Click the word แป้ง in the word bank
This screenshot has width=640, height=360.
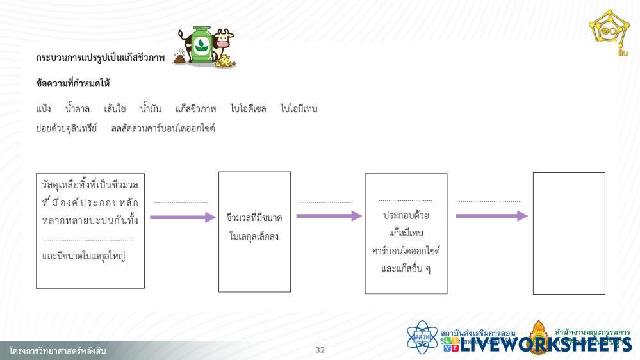pos(44,109)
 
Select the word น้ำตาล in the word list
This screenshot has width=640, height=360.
pos(78,109)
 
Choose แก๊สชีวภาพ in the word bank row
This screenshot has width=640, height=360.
pos(195,109)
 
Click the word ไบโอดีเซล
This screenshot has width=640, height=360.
pos(248,109)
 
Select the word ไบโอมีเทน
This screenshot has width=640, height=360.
pos(299,109)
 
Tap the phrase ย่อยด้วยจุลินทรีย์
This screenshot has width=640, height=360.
pos(67,128)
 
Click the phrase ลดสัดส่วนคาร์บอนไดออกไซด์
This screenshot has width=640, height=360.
pos(163,128)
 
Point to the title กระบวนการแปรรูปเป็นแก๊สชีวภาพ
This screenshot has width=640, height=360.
pos(101,58)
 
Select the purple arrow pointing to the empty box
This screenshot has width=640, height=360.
pos(491,216)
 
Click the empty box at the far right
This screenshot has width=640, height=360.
pos(569,233)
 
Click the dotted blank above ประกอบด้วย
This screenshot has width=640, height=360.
pos(406,200)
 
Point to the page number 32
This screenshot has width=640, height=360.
pos(320,350)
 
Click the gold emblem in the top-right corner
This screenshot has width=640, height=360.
pos(609,29)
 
